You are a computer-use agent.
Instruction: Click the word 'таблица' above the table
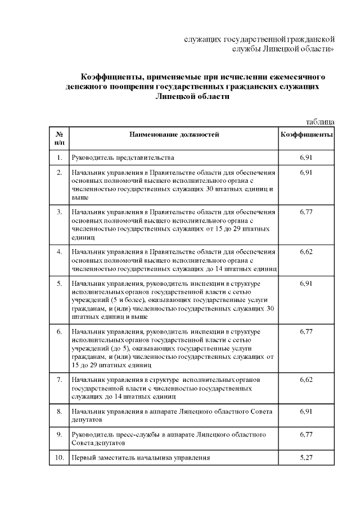tap(320, 121)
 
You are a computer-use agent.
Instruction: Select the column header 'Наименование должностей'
tap(174, 134)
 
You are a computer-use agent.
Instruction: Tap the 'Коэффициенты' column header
tap(307, 134)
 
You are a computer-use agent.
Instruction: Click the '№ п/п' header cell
tap(59, 139)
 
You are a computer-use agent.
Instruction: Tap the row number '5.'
tap(59, 283)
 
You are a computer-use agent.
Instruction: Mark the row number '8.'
tap(59, 412)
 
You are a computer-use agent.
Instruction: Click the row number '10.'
tap(58, 458)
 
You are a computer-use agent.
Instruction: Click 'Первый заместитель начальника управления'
tap(140, 458)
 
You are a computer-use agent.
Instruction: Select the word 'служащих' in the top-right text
tap(203, 39)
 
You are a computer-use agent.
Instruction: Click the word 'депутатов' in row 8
tap(87, 420)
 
